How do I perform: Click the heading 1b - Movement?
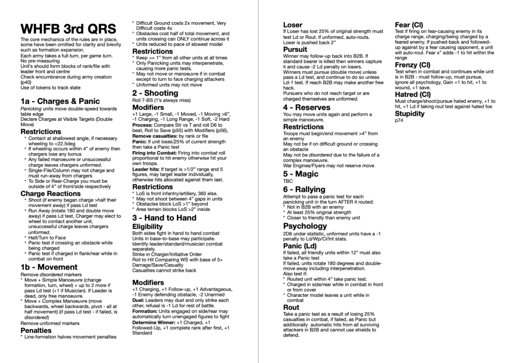tap(49, 267)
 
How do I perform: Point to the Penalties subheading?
tap(36, 330)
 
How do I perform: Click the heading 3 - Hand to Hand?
tap(164, 218)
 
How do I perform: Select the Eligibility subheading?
tap(148, 227)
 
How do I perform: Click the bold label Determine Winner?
tap(153, 322)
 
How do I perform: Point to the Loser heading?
tap(292, 24)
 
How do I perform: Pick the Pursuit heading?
tap(295, 49)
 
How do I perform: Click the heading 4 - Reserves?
tap(308, 107)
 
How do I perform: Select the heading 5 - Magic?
tap(301, 174)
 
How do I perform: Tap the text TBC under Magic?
tap(287, 181)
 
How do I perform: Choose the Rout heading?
tap(291, 307)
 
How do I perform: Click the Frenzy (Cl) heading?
tap(412, 65)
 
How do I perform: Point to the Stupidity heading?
tap(409, 113)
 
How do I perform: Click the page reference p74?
tap(399, 120)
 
